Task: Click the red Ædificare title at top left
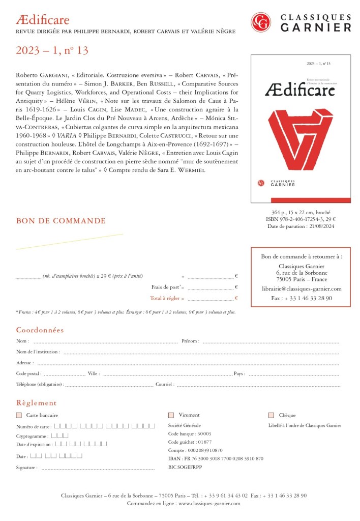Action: point(43,20)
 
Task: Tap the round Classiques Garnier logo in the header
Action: point(261,22)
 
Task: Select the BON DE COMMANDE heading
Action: point(61,221)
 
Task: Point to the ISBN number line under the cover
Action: point(301,219)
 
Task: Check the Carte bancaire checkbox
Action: point(19,415)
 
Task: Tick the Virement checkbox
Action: point(171,415)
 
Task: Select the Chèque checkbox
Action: point(271,415)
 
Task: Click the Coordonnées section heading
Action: point(40,330)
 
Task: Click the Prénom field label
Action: point(190,341)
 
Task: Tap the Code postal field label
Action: point(28,373)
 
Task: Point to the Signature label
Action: point(26,468)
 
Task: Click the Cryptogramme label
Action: point(32,436)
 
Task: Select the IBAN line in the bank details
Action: point(216,458)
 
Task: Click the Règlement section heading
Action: point(36,402)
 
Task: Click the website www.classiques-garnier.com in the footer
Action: point(209,503)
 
